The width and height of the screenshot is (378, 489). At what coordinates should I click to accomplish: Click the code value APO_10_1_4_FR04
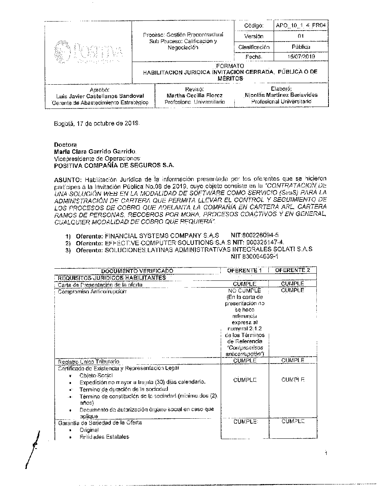(x=301, y=26)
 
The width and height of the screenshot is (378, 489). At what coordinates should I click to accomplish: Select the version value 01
(x=301, y=36)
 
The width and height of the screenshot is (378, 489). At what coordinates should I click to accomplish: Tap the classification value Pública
(x=301, y=47)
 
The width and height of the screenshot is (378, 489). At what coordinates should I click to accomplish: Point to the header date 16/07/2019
(x=301, y=57)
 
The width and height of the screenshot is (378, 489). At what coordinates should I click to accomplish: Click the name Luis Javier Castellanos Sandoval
(x=100, y=96)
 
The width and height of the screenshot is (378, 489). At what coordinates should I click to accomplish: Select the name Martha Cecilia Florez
(x=195, y=96)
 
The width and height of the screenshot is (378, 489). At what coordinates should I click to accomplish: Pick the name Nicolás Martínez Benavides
(x=281, y=95)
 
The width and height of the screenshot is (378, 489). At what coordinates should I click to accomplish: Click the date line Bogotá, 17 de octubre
(x=97, y=124)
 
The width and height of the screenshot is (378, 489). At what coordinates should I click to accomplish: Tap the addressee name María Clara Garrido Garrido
(x=94, y=151)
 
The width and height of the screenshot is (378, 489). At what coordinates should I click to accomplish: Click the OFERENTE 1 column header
(x=245, y=270)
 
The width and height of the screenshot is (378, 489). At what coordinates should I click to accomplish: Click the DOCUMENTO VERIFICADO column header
(x=137, y=271)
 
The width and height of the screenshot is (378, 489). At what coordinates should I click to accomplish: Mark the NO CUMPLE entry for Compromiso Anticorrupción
(x=245, y=291)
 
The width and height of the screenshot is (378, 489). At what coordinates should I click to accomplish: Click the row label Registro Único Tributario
(x=88, y=362)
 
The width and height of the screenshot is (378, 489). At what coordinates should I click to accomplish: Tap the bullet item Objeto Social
(x=96, y=376)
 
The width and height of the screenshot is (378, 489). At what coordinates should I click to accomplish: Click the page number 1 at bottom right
(x=325, y=454)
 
